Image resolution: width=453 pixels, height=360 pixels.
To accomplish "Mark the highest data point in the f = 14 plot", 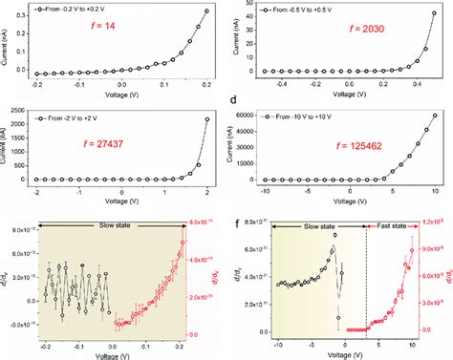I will point(207,11).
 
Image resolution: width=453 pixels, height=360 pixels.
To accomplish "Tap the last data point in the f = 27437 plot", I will point(207,119).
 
